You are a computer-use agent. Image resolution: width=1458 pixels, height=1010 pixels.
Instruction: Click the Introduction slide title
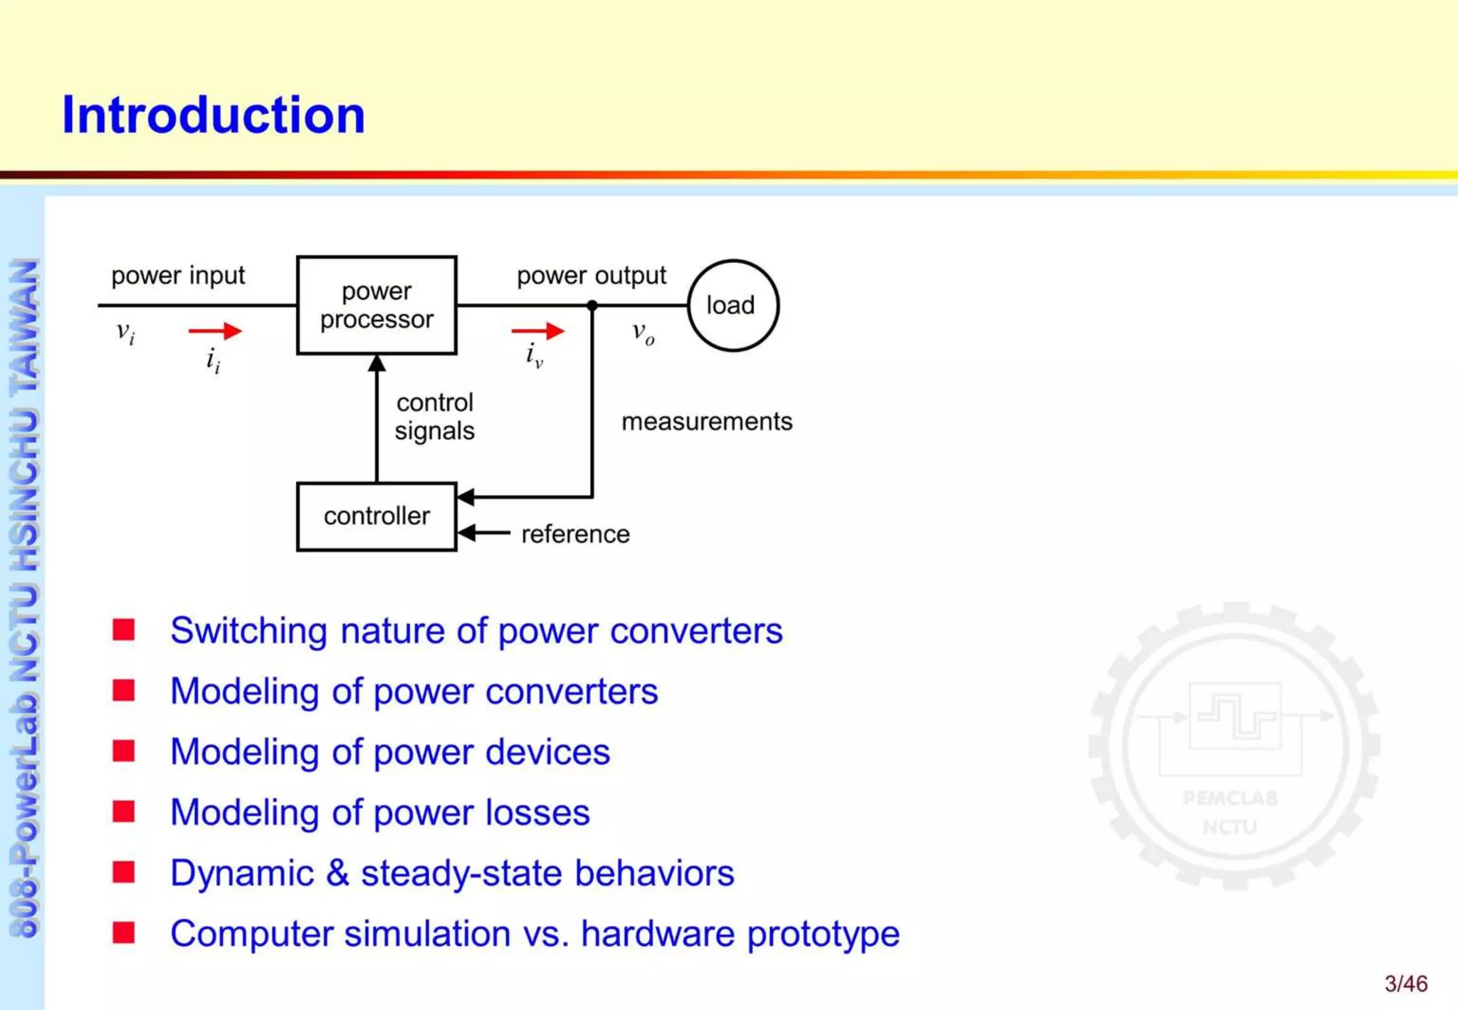tap(214, 115)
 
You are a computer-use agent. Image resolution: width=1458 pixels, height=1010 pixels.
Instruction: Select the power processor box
tap(376, 305)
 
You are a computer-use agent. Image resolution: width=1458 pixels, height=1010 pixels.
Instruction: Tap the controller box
tap(376, 516)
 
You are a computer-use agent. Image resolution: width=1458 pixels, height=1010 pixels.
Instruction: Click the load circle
tap(733, 305)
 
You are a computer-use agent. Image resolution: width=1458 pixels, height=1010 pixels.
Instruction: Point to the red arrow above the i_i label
tap(215, 330)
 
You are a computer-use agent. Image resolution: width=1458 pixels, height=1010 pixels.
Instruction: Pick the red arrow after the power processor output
tap(537, 330)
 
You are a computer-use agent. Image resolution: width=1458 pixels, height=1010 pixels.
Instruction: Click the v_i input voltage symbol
tap(125, 333)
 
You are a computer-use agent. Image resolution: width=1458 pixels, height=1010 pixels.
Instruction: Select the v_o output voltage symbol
tap(643, 333)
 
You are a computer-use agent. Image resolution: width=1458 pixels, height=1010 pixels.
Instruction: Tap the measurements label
tap(706, 422)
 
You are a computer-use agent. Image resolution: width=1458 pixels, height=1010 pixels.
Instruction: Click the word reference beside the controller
tap(575, 534)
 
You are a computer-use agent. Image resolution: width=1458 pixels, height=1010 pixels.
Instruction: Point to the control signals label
tap(434, 417)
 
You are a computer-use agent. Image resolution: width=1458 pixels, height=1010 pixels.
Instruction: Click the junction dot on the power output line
tap(592, 306)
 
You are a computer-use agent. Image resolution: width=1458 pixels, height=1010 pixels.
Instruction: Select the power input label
tap(178, 276)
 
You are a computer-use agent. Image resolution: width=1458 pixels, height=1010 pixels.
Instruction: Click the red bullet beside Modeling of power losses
tap(124, 811)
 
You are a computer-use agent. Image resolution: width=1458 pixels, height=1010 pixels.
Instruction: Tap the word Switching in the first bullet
tap(248, 631)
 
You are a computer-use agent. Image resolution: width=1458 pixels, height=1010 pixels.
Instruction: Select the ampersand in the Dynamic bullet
tap(337, 873)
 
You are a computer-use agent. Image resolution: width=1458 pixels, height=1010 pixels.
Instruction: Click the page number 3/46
tap(1405, 984)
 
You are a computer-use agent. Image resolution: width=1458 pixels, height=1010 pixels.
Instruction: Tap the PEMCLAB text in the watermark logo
tap(1230, 798)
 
